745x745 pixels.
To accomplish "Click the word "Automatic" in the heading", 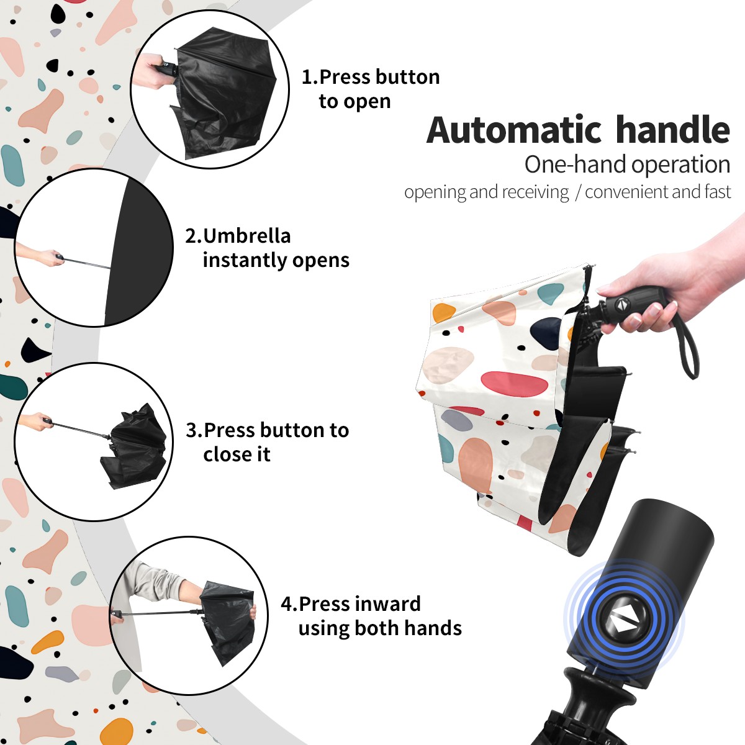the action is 514,130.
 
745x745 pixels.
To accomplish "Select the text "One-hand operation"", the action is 627,165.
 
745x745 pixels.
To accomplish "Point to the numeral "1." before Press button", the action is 310,76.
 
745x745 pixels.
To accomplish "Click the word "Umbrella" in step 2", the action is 246,236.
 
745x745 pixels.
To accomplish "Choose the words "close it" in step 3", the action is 237,454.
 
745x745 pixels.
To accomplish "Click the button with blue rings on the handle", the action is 623,622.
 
